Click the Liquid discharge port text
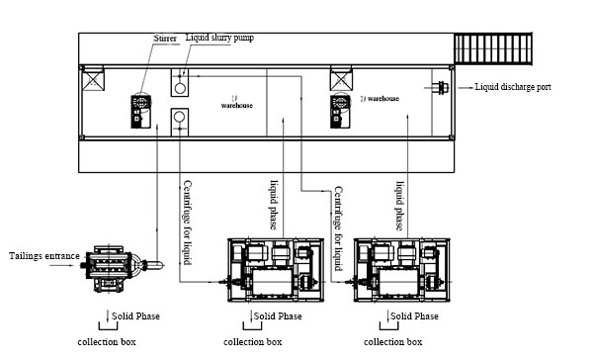[x=513, y=88]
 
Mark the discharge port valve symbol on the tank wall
[x=440, y=88]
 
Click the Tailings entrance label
[x=43, y=256]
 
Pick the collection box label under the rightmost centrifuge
[x=392, y=341]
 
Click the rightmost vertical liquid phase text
[x=401, y=205]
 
